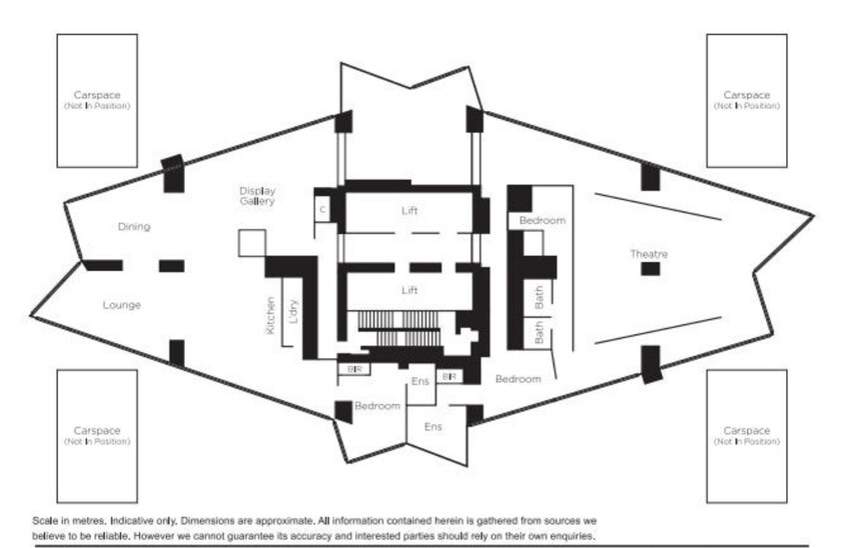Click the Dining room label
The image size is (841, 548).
point(134,227)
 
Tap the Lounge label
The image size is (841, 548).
point(122,305)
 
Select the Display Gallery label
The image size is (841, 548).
point(257,196)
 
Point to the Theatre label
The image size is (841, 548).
point(649,254)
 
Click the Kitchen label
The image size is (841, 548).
point(271,316)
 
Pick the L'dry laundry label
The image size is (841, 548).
point(293,311)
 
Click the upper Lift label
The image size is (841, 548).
point(410,210)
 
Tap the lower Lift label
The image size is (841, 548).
point(410,290)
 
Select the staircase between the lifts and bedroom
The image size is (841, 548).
point(400,328)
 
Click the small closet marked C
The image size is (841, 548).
point(322,209)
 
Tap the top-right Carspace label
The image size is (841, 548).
point(746,95)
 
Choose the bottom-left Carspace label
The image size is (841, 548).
point(97,430)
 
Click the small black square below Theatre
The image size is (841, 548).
point(650,269)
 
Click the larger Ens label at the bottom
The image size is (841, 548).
point(432,427)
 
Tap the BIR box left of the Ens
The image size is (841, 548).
point(354,369)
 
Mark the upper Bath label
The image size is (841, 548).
point(539,297)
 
